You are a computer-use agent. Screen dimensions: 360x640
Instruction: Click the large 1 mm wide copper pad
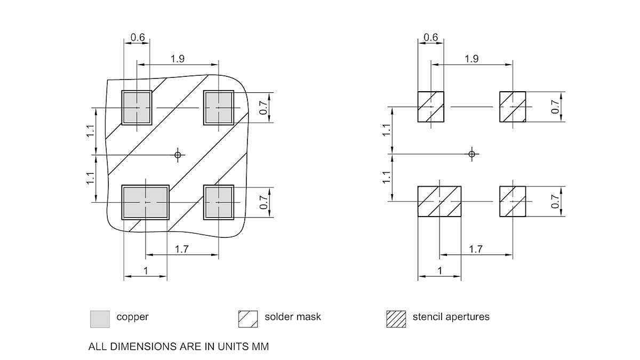[x=145, y=202]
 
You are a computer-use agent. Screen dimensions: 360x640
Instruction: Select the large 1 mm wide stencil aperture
[x=439, y=202]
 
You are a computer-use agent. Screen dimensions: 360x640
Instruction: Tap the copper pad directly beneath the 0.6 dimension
[x=137, y=108]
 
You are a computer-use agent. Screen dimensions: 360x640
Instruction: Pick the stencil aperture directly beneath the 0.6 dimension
[x=430, y=107]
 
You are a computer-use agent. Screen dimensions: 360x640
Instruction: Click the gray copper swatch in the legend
[x=100, y=319]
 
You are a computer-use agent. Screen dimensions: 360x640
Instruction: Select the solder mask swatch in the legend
[x=247, y=319]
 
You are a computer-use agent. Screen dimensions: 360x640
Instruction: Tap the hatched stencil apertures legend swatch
[x=395, y=319]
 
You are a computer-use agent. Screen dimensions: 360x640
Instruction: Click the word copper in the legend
[x=132, y=317]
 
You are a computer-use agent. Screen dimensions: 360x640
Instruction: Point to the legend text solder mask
[x=293, y=317]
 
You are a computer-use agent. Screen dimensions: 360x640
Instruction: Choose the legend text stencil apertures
[x=451, y=317]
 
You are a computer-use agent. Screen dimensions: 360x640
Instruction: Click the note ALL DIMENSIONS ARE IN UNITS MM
[x=179, y=347]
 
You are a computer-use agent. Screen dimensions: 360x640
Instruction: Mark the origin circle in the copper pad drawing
[x=178, y=155]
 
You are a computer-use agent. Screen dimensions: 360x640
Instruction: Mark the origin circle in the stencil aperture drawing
[x=471, y=154]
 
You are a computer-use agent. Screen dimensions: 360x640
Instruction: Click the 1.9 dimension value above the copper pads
[x=178, y=59]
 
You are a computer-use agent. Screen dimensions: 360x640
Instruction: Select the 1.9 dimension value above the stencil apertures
[x=471, y=59]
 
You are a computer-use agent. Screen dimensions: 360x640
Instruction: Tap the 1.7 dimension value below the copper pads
[x=181, y=249]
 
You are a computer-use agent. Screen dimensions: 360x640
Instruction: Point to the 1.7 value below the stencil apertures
[x=476, y=249]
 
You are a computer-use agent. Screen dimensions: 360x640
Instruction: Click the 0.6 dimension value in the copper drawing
[x=138, y=38]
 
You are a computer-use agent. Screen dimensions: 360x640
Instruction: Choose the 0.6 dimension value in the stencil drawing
[x=430, y=37]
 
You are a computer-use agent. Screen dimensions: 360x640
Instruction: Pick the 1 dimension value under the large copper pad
[x=145, y=271]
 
